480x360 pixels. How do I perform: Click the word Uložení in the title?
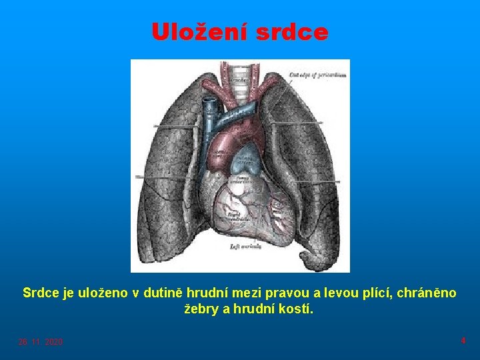194,32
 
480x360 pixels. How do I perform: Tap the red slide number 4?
463,341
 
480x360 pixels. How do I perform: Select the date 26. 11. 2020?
41,342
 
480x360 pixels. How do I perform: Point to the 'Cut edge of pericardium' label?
317,75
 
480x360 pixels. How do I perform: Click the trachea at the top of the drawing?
241,73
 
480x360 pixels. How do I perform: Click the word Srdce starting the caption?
41,293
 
